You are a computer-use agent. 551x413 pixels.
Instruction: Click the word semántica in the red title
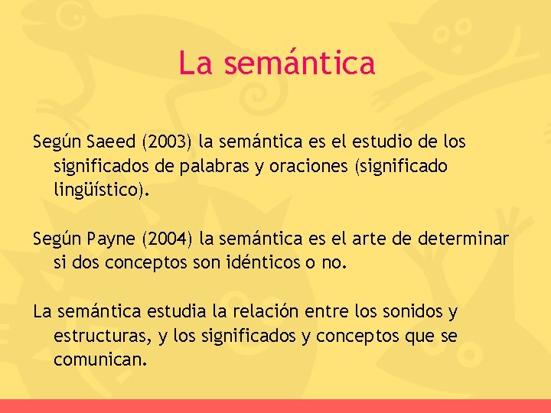coord(299,63)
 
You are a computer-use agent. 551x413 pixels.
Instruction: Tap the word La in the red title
coord(195,63)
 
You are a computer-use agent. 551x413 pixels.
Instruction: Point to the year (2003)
coord(166,141)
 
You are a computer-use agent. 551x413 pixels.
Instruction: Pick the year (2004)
coord(166,239)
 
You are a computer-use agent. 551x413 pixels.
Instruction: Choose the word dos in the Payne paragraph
coord(83,264)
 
